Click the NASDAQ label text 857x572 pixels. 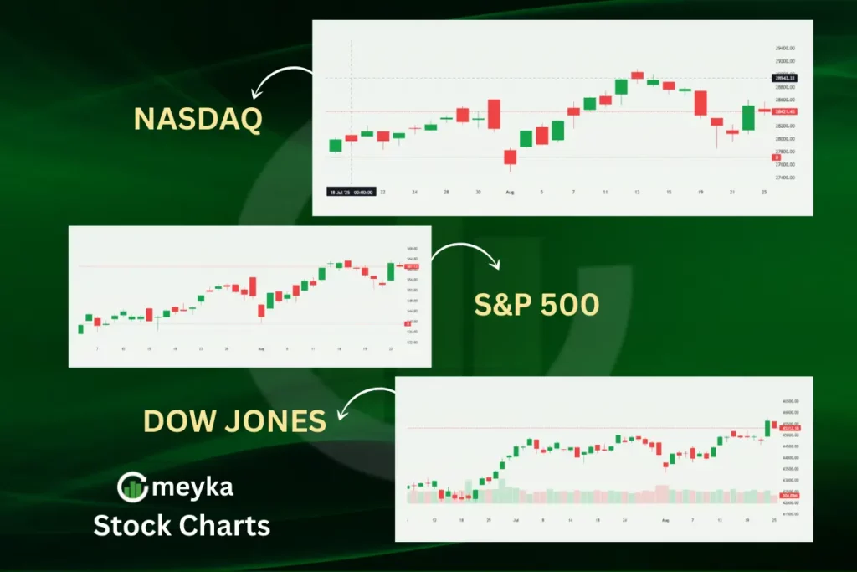pos(198,119)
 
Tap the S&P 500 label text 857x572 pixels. pos(536,305)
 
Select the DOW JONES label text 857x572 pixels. pos(235,421)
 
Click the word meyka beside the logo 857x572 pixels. pos(192,486)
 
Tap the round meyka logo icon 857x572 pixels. pos(132,487)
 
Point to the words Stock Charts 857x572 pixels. pos(181,525)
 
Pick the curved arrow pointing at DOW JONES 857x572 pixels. pos(364,405)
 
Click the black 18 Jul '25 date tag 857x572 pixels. pos(351,192)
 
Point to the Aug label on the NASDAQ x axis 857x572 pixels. pos(510,192)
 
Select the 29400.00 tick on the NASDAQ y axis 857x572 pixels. pos(785,48)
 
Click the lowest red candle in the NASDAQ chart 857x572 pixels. pos(510,157)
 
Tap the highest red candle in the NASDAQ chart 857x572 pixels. pos(637,75)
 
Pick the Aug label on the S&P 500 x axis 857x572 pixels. pos(261,348)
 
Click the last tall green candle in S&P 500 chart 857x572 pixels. pos(390,271)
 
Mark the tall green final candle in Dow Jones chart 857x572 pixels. pos(767,427)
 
